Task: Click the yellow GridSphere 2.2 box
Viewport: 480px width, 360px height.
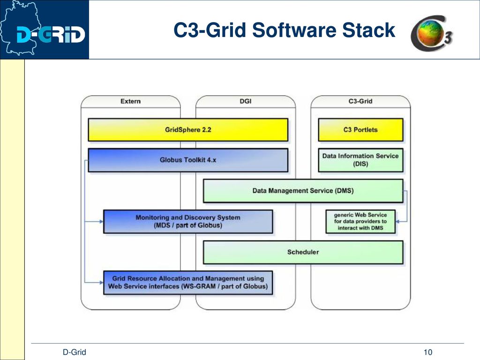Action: [188, 130]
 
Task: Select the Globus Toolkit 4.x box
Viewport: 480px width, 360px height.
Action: [188, 160]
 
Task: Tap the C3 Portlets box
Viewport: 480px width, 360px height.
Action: [360, 130]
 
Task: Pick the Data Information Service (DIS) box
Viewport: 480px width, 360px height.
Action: [360, 160]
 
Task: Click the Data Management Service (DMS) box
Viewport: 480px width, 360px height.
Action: [303, 191]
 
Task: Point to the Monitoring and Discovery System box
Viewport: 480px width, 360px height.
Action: [188, 222]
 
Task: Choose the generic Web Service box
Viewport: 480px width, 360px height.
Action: [360, 222]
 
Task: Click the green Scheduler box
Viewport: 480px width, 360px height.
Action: [303, 252]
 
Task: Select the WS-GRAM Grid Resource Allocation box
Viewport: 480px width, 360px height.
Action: [188, 283]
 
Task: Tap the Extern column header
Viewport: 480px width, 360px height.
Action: [130, 101]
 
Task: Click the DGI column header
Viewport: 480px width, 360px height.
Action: [246, 101]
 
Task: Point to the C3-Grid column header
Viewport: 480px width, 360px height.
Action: [360, 101]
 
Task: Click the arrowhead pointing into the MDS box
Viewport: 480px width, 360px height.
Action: [101, 221]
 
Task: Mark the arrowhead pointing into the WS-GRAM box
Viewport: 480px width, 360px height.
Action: [101, 283]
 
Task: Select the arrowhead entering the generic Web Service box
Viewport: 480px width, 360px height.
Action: [397, 221]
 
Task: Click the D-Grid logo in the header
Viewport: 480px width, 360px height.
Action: [45, 30]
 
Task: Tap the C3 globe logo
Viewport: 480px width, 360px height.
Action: [432, 33]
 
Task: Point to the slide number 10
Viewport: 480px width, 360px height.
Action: [428, 352]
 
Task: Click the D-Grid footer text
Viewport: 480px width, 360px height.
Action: [75, 352]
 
